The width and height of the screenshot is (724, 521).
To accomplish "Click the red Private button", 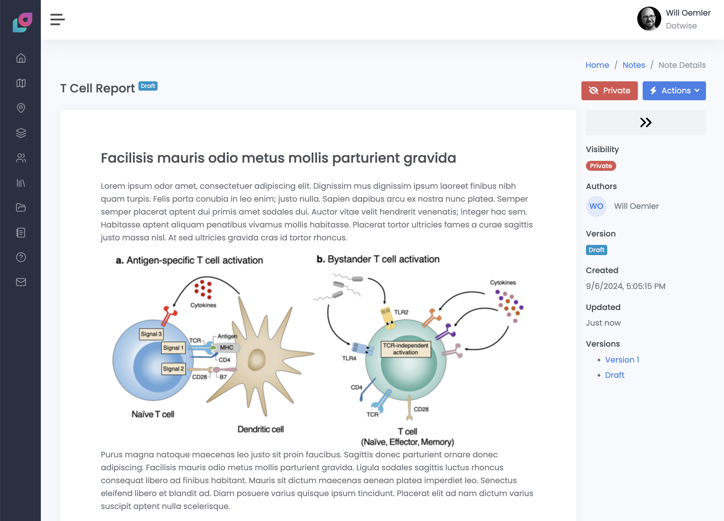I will coord(609,91).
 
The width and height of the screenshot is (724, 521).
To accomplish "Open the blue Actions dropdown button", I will coord(674,91).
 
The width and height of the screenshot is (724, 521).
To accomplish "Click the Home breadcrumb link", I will coord(597,65).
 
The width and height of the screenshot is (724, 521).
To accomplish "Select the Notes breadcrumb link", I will coord(633,65).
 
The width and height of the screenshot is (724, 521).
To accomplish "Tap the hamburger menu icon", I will coord(57,20).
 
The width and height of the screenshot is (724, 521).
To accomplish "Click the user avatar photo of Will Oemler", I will coord(649,19).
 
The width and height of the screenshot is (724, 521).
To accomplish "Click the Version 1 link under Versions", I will coord(622,360).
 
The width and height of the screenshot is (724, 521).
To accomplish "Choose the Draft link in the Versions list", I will coord(614,375).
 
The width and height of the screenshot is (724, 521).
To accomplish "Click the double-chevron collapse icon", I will coord(645,122).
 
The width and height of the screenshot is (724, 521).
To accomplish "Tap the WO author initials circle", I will coord(596,206).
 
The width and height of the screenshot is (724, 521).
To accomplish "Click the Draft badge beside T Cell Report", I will coord(148,86).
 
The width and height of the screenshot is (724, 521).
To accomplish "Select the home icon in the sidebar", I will coord(21,58).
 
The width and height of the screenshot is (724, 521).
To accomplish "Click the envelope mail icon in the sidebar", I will coord(21,282).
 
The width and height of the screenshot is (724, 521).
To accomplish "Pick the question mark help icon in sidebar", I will coord(21,257).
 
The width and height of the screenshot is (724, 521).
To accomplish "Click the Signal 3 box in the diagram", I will coord(151,334).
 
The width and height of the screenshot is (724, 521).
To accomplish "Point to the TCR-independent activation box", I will coord(406,349).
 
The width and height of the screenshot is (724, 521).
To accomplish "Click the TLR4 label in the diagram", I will coord(349,359).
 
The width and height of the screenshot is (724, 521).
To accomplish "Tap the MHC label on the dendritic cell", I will coord(226,348).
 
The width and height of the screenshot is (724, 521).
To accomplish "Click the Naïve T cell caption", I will coord(153,414).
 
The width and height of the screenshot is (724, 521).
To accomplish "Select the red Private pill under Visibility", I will coord(600,166).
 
